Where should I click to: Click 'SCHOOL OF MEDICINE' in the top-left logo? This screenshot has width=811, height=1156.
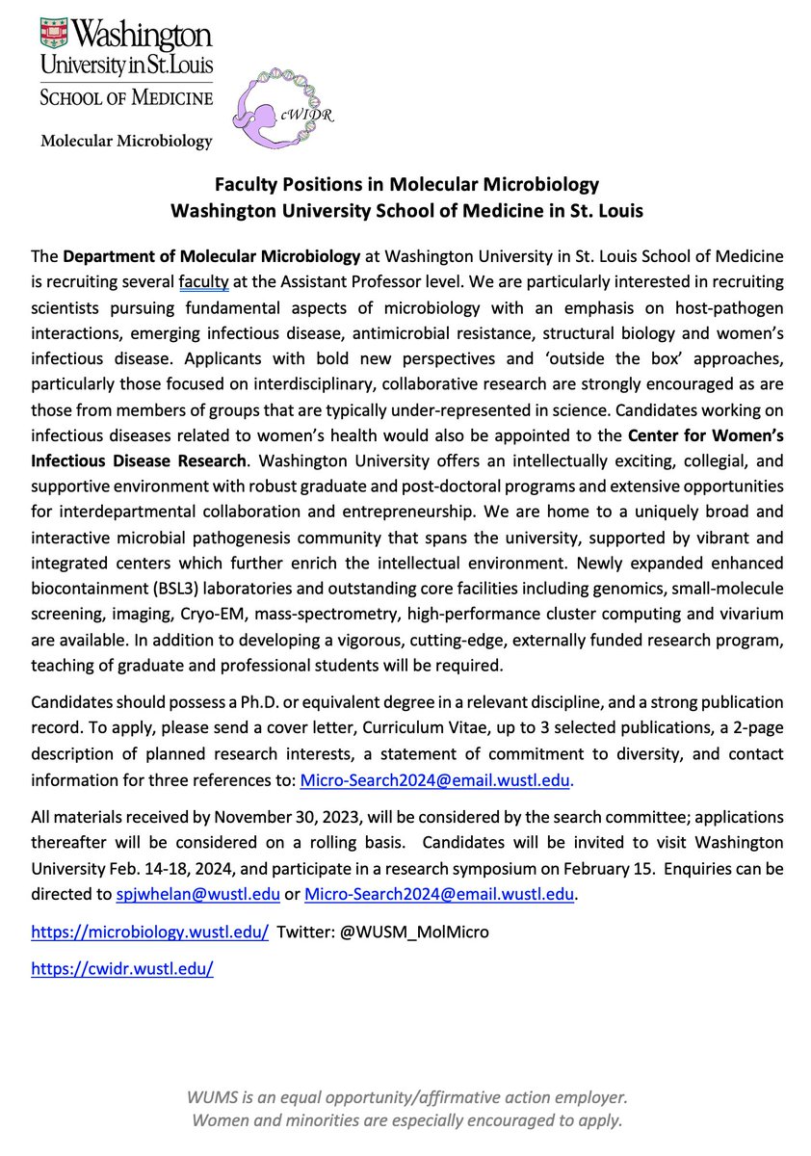pos(126,99)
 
